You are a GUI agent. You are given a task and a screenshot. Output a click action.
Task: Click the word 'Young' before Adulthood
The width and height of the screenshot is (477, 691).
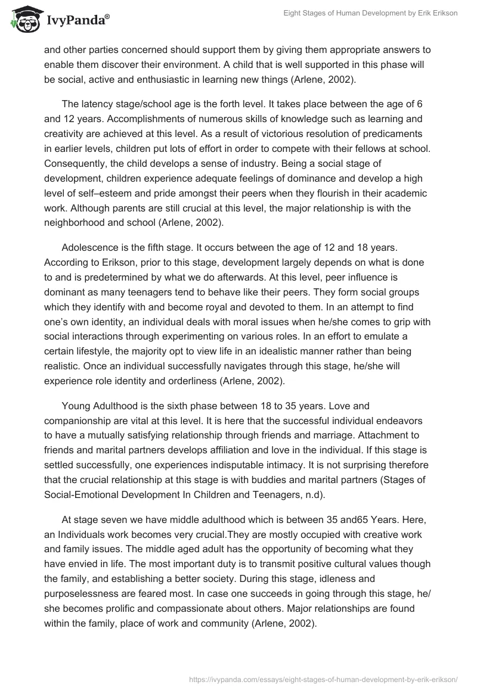[76, 406]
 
